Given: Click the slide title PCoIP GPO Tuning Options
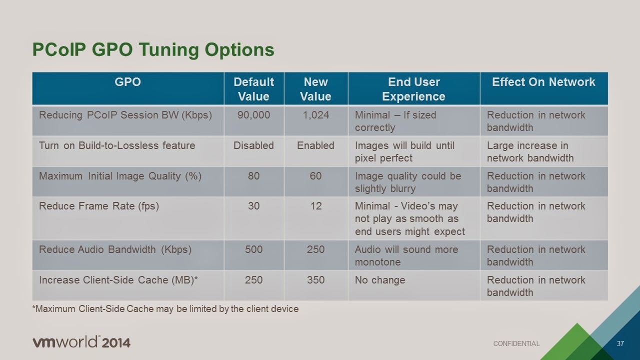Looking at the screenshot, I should [153, 50].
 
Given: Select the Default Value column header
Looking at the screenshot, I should [253, 89].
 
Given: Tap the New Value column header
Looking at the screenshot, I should [315, 89].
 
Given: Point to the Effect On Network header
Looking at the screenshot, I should [543, 82].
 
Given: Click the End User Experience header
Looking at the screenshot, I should [413, 89].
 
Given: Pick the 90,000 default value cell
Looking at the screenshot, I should [253, 115].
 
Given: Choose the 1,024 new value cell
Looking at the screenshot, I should [315, 115].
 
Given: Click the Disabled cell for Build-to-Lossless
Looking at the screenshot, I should [253, 145].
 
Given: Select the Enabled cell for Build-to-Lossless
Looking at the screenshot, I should [315, 145].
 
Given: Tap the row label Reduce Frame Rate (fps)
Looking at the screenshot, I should [99, 206].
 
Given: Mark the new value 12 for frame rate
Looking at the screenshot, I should [315, 206].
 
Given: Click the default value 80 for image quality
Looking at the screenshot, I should [253, 176].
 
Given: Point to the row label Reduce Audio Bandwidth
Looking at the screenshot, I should [115, 249].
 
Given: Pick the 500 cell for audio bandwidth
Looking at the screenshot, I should [253, 249].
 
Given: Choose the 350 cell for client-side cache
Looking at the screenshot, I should [315, 280].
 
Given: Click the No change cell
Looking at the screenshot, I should [380, 280].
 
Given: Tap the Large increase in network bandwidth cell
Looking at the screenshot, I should [530, 151].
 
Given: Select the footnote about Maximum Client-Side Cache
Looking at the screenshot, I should [165, 309].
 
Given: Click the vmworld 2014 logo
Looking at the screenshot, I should [81, 342].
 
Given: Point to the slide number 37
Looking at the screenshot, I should [620, 343].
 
